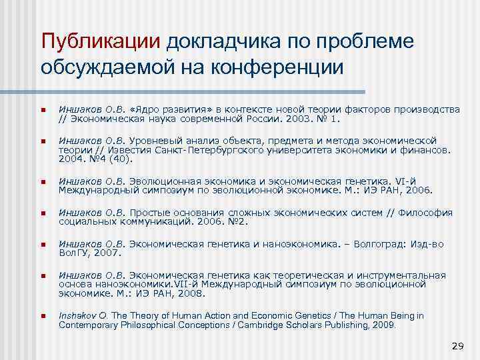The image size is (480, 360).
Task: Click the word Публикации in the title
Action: pyautogui.click(x=101, y=41)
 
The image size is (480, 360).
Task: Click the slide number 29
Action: pyautogui.click(x=458, y=346)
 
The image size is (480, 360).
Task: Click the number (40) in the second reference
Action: pyautogui.click(x=119, y=160)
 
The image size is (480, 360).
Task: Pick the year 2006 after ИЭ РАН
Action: pyautogui.click(x=418, y=191)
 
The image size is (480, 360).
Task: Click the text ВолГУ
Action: pyautogui.click(x=73, y=253)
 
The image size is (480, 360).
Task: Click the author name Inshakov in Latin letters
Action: pyautogui.click(x=79, y=316)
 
